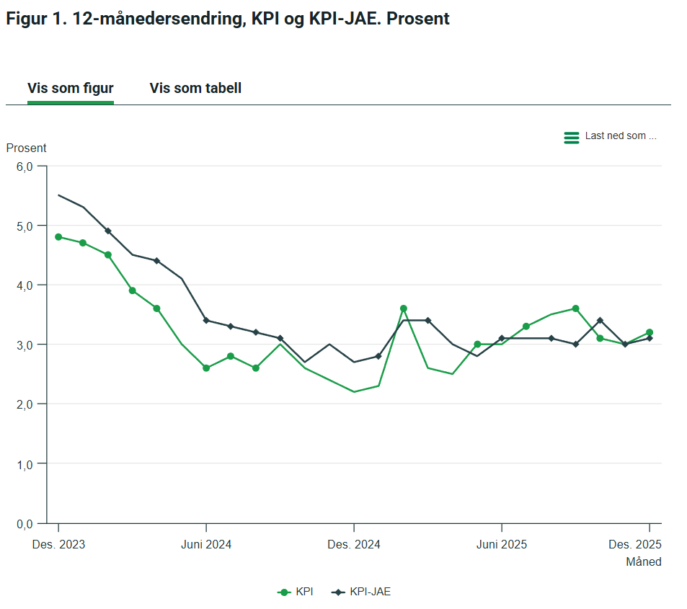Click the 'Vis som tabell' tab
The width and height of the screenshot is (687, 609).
point(195,89)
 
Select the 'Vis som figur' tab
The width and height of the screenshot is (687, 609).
point(71,89)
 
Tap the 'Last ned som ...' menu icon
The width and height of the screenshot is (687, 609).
point(572,137)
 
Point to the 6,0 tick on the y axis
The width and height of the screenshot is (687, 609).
point(25,166)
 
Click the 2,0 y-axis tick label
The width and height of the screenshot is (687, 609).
point(25,404)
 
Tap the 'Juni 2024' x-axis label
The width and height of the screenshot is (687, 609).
point(206,544)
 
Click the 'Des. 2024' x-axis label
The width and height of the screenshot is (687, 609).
point(354,544)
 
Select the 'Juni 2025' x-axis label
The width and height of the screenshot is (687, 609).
point(502,544)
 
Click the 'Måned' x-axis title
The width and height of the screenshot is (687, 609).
point(643,561)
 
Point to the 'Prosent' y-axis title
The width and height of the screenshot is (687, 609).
point(26,148)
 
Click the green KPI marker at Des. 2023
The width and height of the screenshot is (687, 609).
point(58,236)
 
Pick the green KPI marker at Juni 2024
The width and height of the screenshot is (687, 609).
point(206,368)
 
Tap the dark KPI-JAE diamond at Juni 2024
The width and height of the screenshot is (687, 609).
point(206,320)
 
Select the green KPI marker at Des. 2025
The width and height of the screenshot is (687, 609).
point(650,332)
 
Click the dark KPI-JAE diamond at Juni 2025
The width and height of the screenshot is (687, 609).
point(502,338)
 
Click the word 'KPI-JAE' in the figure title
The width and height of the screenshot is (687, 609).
point(343,19)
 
